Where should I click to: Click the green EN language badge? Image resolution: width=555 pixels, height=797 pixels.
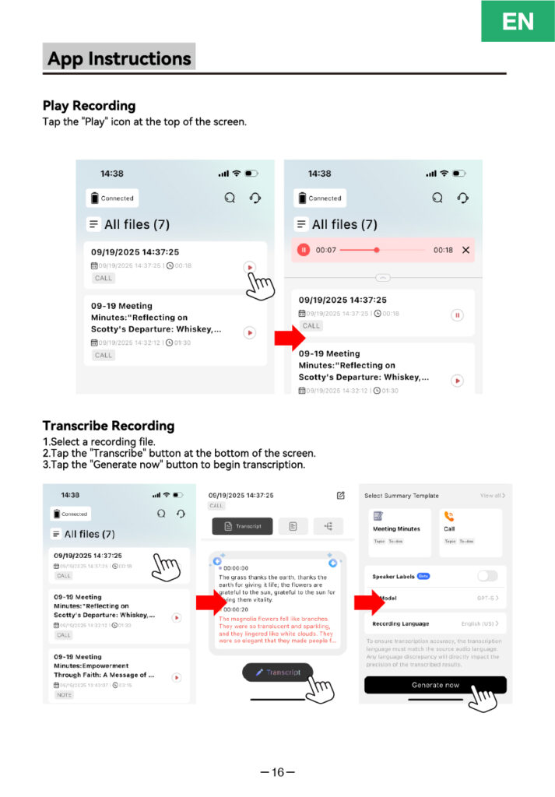click(x=518, y=21)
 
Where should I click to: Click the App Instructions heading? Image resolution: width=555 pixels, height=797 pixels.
click(x=119, y=58)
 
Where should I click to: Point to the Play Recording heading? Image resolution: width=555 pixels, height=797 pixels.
click(x=89, y=106)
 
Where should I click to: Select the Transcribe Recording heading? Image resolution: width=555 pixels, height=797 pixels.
click(x=108, y=426)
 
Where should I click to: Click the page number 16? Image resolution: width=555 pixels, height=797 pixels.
click(x=278, y=772)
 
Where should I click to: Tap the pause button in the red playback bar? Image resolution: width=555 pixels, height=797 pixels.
click(x=304, y=250)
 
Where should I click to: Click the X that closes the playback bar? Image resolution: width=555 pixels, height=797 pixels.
click(x=465, y=250)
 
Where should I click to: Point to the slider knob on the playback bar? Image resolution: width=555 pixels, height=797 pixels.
click(x=377, y=250)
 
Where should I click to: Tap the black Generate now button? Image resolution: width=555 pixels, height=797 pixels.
click(x=435, y=685)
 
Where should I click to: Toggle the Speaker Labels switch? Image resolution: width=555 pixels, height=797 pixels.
click(x=487, y=576)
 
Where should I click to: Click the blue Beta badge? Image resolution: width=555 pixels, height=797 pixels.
click(x=423, y=576)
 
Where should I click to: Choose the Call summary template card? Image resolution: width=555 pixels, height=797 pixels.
click(x=471, y=532)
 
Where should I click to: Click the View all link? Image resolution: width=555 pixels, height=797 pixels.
click(x=492, y=496)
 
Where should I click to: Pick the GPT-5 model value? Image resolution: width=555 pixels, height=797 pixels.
click(x=487, y=598)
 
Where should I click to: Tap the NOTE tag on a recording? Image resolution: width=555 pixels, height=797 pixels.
click(x=64, y=694)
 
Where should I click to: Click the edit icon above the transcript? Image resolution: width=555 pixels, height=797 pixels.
click(x=340, y=495)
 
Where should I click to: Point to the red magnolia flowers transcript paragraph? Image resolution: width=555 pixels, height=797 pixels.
click(x=276, y=630)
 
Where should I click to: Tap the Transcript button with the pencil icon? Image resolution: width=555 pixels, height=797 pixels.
click(x=277, y=672)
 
